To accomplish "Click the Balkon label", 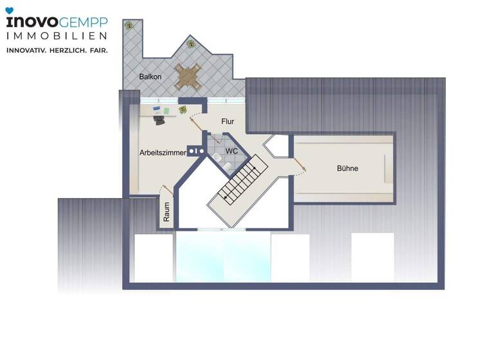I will tap(150, 77).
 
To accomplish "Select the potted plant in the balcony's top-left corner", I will tap(129, 25).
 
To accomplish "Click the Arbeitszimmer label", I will tap(163, 153).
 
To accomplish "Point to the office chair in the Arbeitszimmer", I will tap(160, 119).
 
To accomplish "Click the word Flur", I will tap(228, 121).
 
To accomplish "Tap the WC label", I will tap(232, 151).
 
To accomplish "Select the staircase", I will tap(241, 182).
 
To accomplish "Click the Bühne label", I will tap(347, 168).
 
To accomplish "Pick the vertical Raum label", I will tap(166, 212).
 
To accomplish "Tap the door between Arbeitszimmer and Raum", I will tap(167, 190).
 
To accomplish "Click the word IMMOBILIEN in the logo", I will tap(57, 36).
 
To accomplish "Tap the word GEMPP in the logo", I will tap(83, 22).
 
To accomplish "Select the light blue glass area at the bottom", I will tap(223, 257).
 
